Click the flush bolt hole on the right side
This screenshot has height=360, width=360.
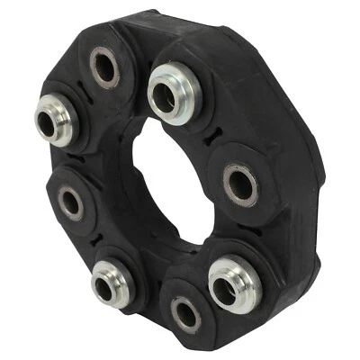coord(240,183)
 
